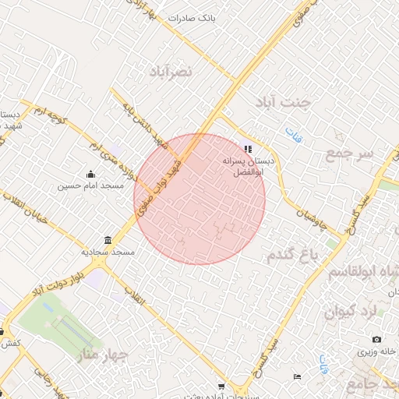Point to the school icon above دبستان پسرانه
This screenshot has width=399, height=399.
pos(248,148)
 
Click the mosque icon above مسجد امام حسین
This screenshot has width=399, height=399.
pos(90,175)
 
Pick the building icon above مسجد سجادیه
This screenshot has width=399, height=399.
pos(107,240)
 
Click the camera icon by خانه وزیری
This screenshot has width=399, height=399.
pos(376,340)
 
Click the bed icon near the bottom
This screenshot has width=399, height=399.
pos(296,377)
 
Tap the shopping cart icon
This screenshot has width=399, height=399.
pos(222,387)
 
